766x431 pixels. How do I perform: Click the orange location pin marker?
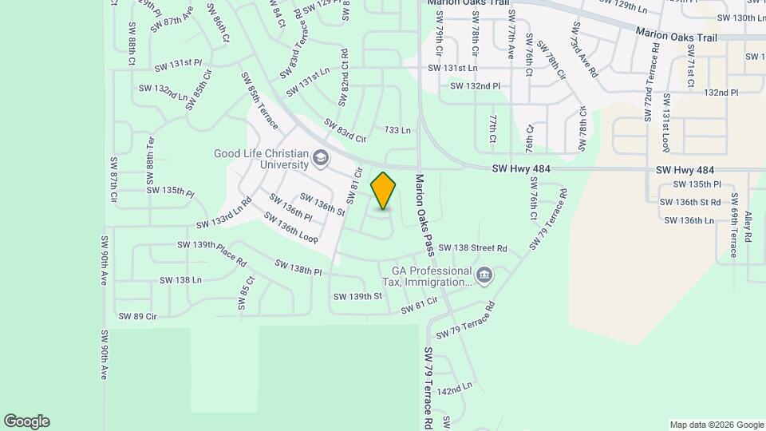tap(384, 191)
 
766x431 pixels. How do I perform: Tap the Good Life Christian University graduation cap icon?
tap(321, 158)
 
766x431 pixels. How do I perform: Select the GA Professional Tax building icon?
tap(484, 276)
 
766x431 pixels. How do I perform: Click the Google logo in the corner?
tap(26, 421)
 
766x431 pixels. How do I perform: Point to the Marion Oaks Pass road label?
tap(424, 215)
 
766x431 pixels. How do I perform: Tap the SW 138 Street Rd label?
tap(472, 248)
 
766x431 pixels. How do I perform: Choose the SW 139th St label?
tap(357, 296)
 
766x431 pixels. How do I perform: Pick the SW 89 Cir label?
tap(137, 317)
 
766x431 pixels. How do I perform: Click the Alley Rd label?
tap(748, 227)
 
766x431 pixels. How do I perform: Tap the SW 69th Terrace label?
tap(733, 227)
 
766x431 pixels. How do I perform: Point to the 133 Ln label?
tap(397, 129)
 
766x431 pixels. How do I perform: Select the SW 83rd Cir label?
tap(345, 130)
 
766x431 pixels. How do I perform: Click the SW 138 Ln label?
tap(180, 280)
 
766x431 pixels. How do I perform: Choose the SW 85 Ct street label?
tap(246, 293)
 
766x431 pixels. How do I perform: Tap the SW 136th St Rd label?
tap(691, 202)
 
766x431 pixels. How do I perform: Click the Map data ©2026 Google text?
tap(715, 424)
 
